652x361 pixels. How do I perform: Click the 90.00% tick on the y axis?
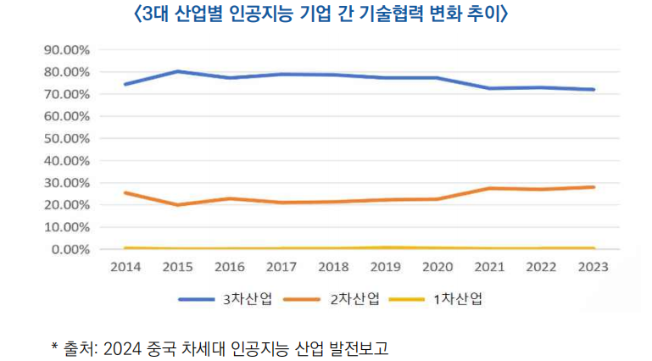66,49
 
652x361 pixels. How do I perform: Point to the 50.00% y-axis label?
66,138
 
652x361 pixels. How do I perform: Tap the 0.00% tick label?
70,250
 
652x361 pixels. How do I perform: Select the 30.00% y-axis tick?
66,183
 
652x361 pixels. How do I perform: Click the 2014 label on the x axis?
125,267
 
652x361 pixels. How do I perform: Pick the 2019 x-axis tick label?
386,267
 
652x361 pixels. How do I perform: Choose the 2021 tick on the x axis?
490,267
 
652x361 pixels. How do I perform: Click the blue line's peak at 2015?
177,71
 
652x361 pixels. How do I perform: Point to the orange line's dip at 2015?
177,205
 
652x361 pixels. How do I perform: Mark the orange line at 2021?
490,188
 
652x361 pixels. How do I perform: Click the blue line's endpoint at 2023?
594,89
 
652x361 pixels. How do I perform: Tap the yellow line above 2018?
334,248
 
